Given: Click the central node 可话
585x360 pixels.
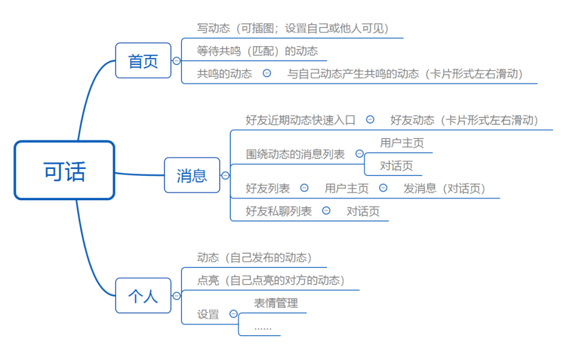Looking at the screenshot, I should (64, 171).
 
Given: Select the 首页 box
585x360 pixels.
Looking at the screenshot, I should (143, 61).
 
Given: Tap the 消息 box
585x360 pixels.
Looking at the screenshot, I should (192, 175).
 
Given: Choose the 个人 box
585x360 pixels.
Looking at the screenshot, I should (143, 296).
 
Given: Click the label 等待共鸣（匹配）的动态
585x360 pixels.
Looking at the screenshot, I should (257, 51).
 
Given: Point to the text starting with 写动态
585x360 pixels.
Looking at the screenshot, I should (293, 28).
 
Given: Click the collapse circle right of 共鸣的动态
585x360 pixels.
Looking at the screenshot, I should (266, 74).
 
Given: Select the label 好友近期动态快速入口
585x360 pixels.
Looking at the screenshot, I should (301, 120).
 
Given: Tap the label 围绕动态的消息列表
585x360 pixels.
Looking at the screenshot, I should (295, 154).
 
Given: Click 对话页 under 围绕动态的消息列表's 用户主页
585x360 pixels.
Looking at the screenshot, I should (396, 166).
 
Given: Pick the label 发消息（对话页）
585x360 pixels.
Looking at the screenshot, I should (444, 188).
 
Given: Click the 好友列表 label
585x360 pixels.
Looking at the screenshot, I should (268, 188).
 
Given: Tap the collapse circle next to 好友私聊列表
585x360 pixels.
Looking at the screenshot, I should (326, 211).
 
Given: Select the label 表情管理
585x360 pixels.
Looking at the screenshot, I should (276, 303).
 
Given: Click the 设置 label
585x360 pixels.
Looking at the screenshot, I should (208, 315).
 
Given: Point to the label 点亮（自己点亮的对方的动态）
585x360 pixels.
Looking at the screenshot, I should (271, 280).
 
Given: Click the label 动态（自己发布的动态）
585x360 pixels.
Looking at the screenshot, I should (255, 258).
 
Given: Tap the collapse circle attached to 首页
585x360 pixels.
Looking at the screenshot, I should (176, 61).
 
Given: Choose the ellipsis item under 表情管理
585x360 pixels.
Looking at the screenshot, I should (263, 327).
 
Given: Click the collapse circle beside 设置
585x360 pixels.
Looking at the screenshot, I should (233, 313).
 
